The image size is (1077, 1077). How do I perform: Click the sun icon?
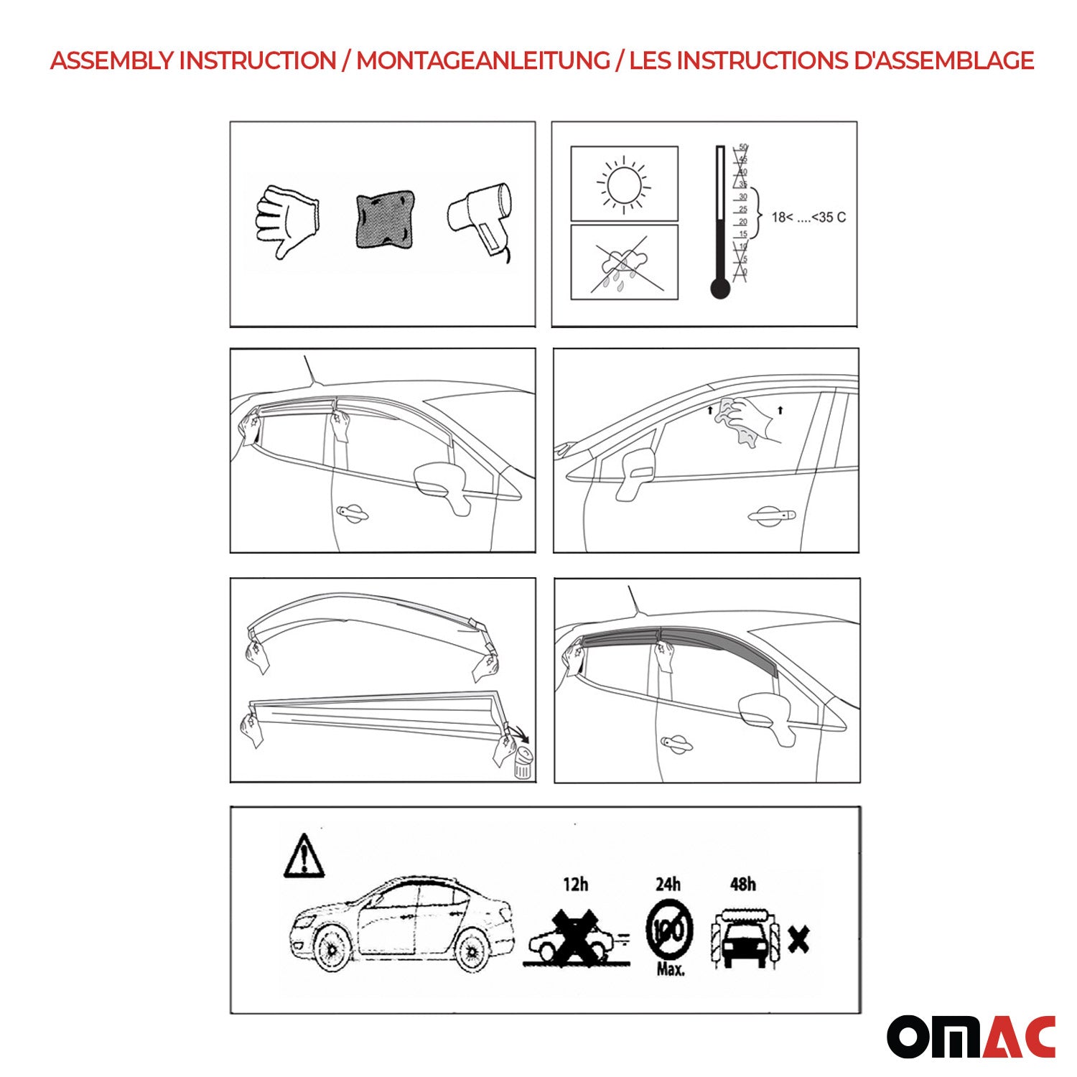coord(623,185)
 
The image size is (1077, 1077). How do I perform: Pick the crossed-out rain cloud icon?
coord(623,263)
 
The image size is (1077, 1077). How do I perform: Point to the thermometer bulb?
coord(719,289)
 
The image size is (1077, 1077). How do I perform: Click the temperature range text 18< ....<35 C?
coord(808,218)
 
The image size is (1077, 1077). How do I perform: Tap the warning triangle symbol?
coord(304,857)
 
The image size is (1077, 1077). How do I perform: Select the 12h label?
coord(575,884)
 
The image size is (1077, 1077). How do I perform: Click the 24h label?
coord(668,884)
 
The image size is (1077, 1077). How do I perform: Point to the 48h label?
coord(742,884)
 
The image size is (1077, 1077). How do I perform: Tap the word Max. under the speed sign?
coord(670,969)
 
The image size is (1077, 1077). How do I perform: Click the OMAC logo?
coord(971,1036)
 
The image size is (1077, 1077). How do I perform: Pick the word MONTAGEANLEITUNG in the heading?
coord(482,61)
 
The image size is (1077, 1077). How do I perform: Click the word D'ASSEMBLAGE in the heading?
coord(943,61)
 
